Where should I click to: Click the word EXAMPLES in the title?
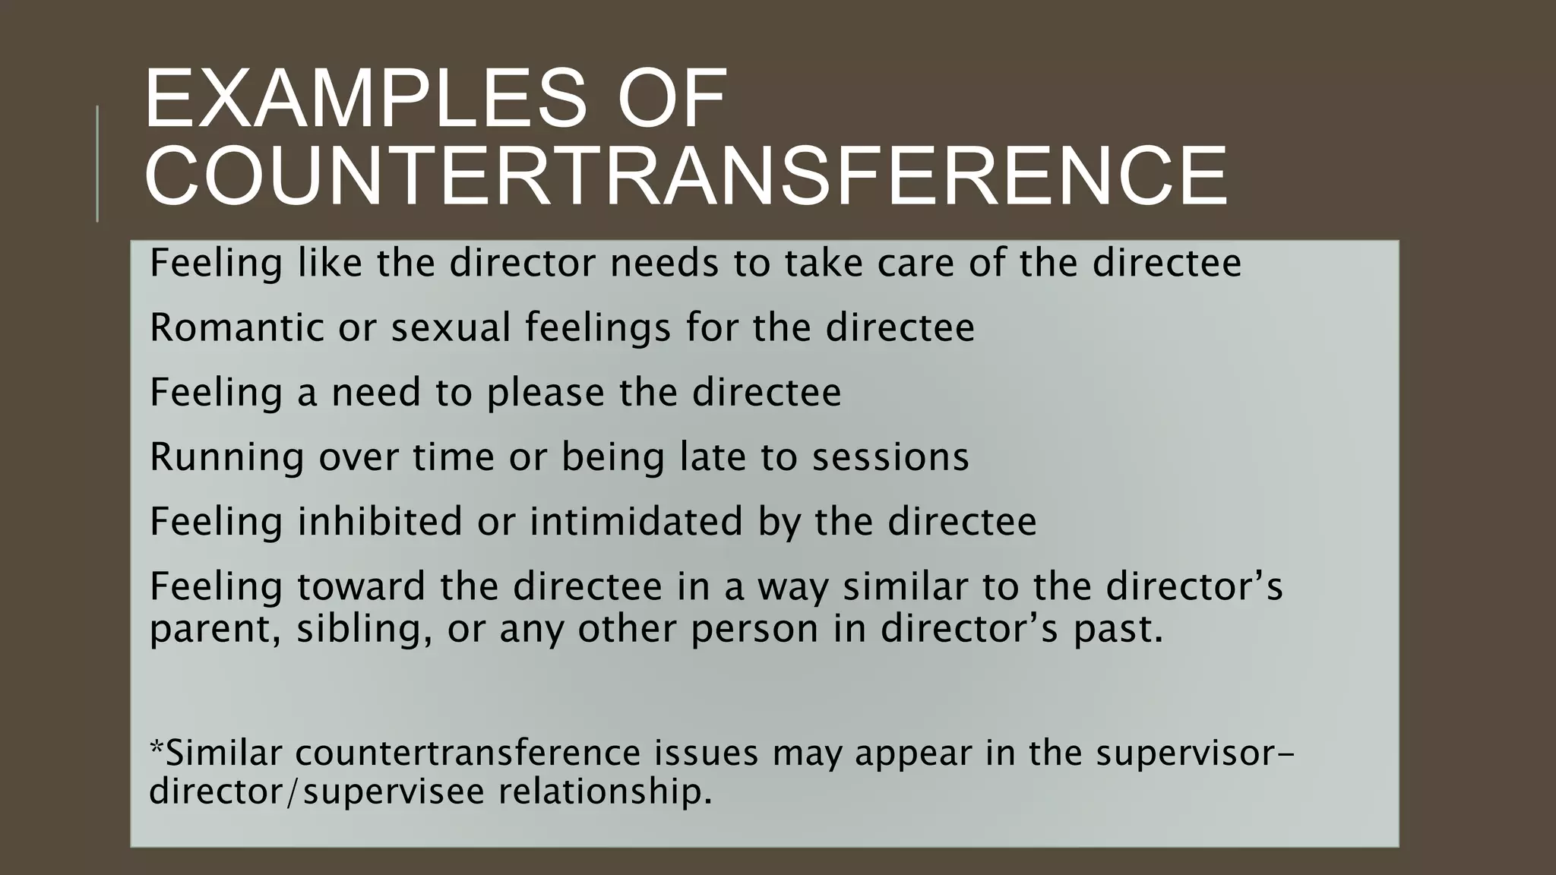(x=365, y=100)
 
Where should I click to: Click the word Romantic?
(x=237, y=328)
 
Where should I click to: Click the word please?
(x=546, y=393)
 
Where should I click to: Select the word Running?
(x=226, y=458)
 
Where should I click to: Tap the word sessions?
(x=890, y=458)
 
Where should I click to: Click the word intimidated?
(x=636, y=522)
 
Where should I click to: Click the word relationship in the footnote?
(x=606, y=791)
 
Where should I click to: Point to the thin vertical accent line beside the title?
(x=97, y=163)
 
